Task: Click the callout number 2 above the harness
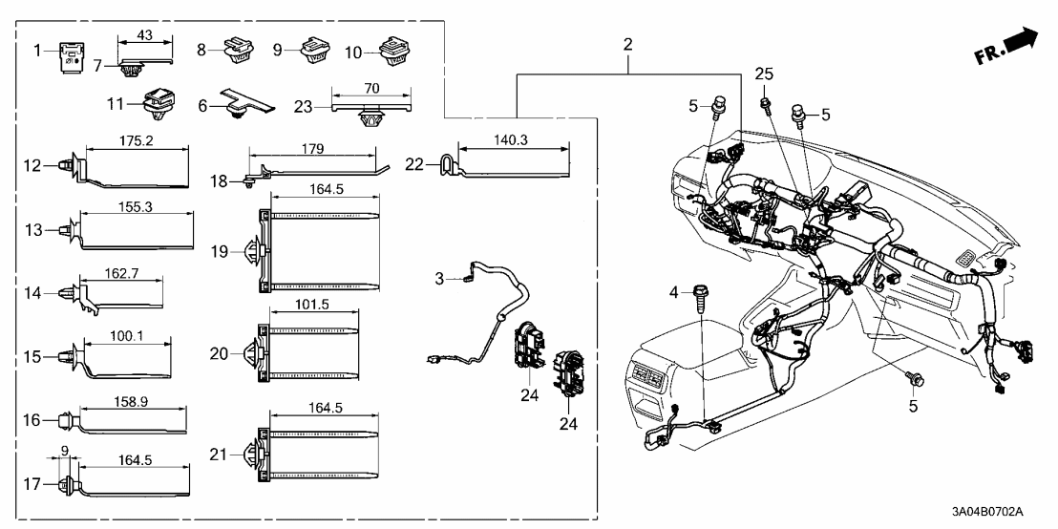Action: [x=627, y=44]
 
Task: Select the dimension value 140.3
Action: [x=513, y=139]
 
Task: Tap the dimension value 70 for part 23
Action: [x=371, y=88]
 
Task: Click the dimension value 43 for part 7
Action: [x=145, y=34]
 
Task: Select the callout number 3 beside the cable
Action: [x=439, y=278]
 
